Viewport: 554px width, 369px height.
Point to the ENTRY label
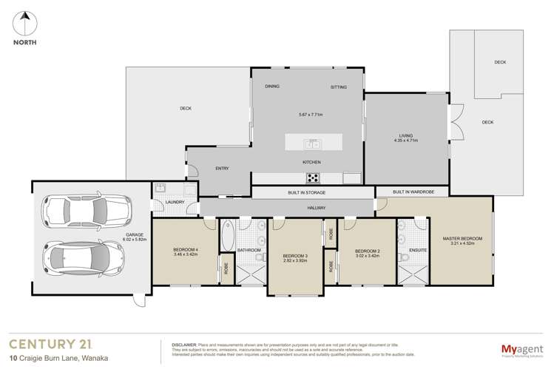222,169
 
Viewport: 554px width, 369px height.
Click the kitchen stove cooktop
313,177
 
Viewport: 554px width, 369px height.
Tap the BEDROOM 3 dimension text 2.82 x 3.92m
294,260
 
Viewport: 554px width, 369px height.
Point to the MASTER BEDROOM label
462,238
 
